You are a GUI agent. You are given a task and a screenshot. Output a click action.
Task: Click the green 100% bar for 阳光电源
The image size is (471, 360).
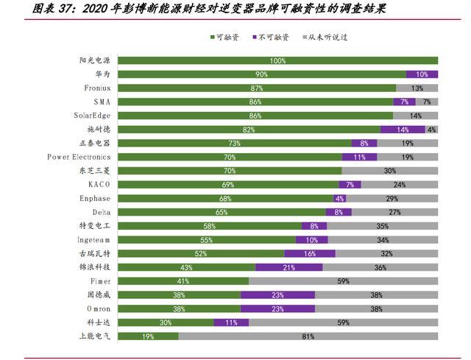coord(278,60)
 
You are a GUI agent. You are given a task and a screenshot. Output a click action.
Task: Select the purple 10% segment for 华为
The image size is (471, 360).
coord(422,74)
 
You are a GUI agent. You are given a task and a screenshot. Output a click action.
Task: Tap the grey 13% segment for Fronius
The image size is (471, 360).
coord(417,88)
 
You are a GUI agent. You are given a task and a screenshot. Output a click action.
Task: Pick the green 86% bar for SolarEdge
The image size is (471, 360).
coord(255,116)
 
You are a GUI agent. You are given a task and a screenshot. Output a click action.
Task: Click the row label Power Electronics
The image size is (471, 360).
coord(79,157)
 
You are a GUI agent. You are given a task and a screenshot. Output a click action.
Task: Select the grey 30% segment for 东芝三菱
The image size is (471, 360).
coord(390,171)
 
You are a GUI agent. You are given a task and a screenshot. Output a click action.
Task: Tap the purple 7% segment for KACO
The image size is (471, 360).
coord(350,185)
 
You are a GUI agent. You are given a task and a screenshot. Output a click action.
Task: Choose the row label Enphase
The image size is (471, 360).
coord(95,199)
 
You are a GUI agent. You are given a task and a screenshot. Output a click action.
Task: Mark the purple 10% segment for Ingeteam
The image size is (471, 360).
coord(312,240)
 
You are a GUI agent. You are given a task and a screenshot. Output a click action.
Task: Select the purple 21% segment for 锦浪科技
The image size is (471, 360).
coord(289,267)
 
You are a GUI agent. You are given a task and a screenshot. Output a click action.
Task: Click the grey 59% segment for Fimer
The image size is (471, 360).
coord(343,281)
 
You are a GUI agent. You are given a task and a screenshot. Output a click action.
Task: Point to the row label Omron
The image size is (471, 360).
coord(94,308)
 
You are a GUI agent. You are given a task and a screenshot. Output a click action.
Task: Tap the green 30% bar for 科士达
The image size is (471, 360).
coord(166,322)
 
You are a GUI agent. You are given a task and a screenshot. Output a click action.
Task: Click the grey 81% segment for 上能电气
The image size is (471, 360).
coord(308,336)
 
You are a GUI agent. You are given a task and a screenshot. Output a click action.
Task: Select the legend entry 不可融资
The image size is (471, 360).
coord(272,36)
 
